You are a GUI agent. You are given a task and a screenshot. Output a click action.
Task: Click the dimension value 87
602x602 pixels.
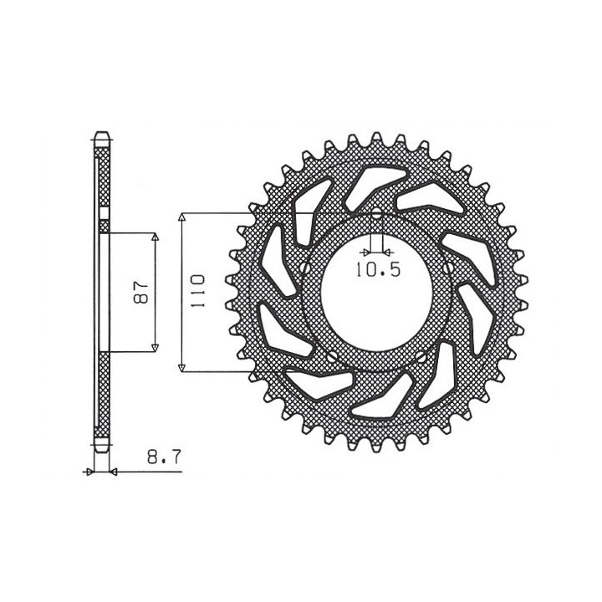141,292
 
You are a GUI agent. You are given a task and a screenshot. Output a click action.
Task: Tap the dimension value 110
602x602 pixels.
198,291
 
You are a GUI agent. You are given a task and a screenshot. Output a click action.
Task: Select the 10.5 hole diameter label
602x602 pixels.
378,269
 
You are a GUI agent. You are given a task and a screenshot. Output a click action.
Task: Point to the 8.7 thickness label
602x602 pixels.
164,457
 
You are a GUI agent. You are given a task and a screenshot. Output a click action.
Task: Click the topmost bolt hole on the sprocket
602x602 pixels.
376,213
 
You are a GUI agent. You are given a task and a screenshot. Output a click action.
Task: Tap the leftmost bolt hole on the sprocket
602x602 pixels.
305,268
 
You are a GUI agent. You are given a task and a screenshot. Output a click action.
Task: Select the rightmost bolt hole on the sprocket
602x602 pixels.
448,268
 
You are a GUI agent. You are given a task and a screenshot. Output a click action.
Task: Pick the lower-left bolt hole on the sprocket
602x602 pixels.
332,357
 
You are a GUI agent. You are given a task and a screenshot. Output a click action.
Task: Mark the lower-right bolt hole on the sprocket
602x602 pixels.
421,357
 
